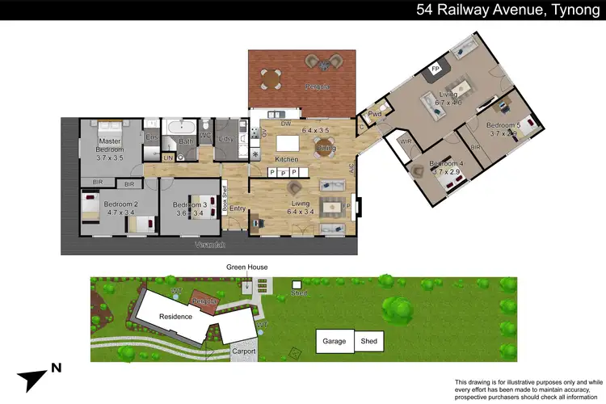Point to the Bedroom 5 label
coord(503,125)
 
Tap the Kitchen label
coord(287,159)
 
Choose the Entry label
coord(237,209)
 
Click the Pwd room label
coord(375,114)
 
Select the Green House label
coord(246,267)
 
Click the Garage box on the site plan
coord(335,341)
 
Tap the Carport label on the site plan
coord(244,351)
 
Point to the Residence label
coord(175,316)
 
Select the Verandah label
coord(210,245)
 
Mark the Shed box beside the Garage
coord(369,341)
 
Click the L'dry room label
coord(227,138)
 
